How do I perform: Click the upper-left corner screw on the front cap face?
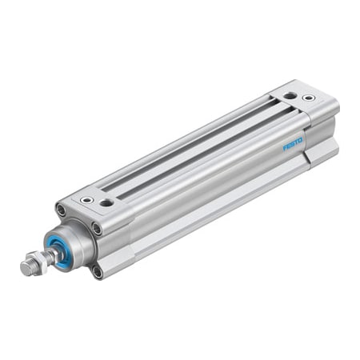[61, 210]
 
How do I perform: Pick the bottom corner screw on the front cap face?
[97, 271]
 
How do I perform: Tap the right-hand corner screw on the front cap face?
[97, 228]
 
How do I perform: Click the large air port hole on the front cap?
[106, 203]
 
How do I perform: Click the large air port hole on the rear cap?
[289, 95]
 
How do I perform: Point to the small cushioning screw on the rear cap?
[309, 98]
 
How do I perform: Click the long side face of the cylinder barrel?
[200, 192]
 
